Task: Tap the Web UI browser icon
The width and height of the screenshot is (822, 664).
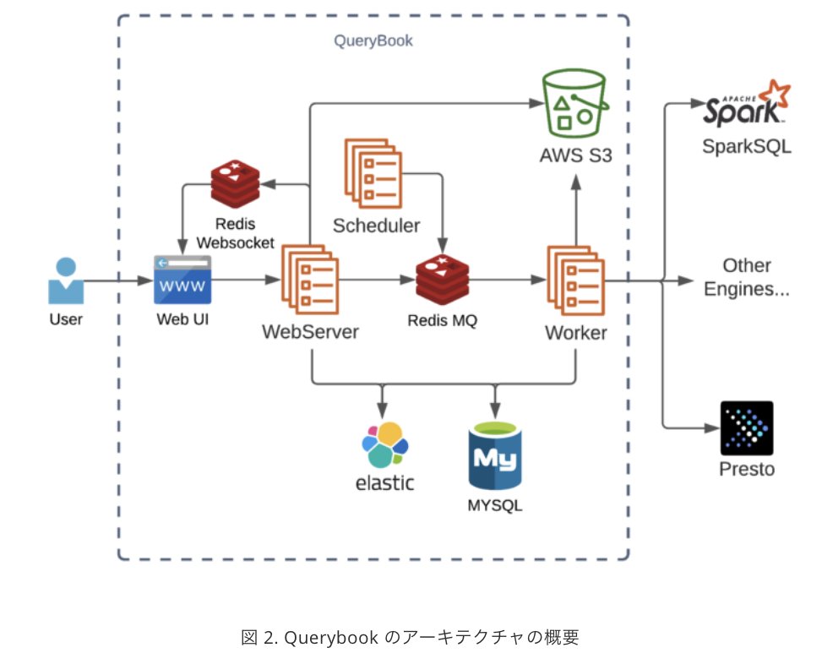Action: pos(182,280)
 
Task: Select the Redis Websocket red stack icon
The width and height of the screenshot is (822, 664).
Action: pos(234,182)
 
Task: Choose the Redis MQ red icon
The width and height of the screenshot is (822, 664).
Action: pos(442,280)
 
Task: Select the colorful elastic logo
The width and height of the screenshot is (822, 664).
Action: pos(384,446)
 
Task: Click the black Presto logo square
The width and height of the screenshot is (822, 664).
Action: pos(746,427)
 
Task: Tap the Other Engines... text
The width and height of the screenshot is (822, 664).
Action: pos(747,277)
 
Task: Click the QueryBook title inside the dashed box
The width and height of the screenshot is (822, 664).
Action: pos(373,40)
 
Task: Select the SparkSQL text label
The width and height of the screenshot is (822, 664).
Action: pos(747,146)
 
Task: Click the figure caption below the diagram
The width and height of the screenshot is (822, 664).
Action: pos(410,637)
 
